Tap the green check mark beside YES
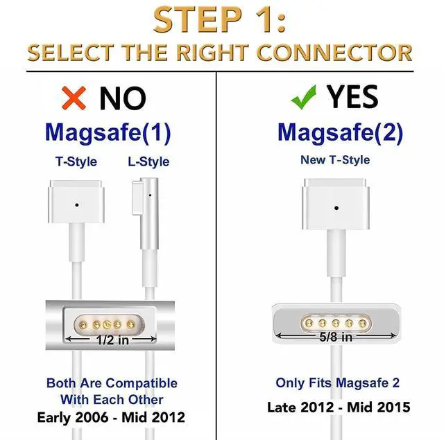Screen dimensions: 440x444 tap(302, 98)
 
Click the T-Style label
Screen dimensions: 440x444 tap(76, 162)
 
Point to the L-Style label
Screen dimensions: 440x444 tap(148, 162)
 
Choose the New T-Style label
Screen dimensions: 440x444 tap(335, 160)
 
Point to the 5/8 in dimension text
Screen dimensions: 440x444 tap(336, 337)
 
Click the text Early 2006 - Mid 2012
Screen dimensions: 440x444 tap(112, 417)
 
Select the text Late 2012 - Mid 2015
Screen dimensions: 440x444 tap(339, 407)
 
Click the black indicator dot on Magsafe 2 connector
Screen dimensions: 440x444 tap(336, 207)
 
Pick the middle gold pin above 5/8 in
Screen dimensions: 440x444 tap(336, 322)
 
